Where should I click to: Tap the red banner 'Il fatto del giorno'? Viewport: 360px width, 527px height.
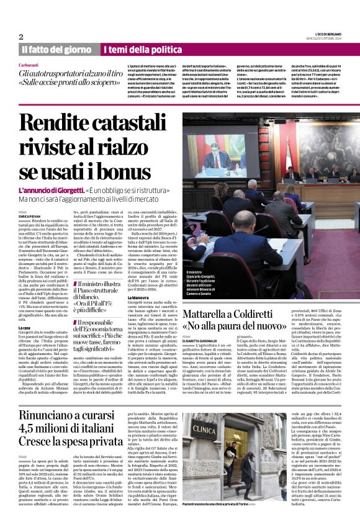[x=56, y=49]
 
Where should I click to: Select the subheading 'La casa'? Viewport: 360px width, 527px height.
[x=24, y=327]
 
